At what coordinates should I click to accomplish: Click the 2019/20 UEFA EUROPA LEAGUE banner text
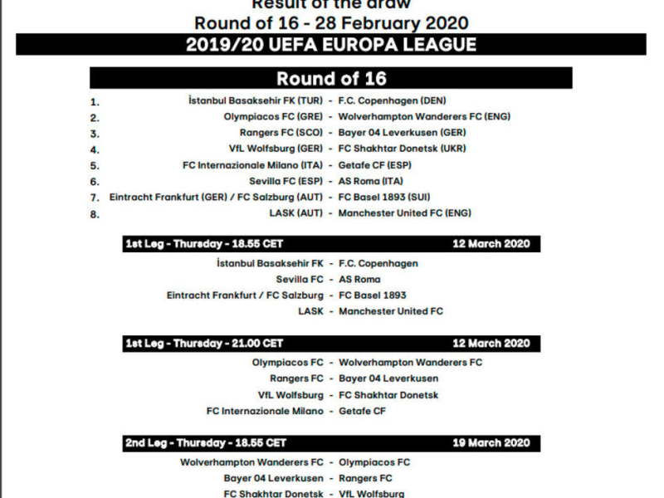click(330, 45)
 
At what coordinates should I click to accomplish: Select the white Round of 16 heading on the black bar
click(331, 79)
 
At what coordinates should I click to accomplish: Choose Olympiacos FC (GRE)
click(273, 116)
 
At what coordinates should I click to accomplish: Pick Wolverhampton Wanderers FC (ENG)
click(424, 116)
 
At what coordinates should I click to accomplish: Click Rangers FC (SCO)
click(281, 133)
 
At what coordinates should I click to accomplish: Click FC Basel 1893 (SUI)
click(383, 198)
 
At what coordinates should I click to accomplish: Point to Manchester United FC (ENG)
click(404, 213)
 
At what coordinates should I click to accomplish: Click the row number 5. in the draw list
click(95, 166)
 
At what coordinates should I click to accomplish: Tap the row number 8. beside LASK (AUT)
click(95, 214)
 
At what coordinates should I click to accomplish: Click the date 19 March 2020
click(491, 443)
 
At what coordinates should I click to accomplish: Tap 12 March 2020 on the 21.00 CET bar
click(491, 344)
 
